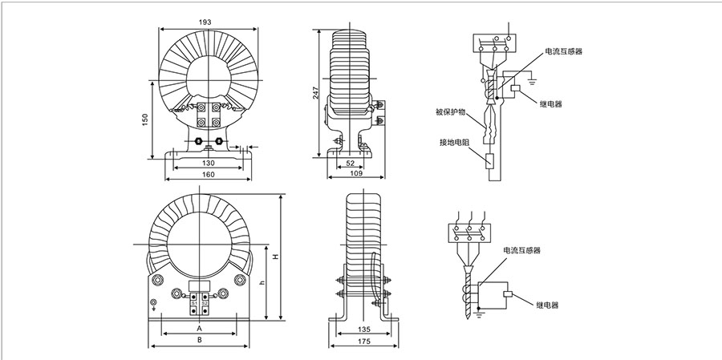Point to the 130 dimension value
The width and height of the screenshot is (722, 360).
point(208,163)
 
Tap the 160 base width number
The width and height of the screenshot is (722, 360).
point(208,174)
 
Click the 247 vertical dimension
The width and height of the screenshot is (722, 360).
point(315,92)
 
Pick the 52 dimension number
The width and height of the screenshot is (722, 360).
point(351,163)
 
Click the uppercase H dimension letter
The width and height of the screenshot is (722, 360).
point(274,257)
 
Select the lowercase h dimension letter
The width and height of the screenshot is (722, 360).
point(261,284)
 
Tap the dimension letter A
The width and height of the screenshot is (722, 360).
point(199,329)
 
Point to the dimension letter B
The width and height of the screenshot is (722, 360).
point(199,340)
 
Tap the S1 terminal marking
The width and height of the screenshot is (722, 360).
point(193,302)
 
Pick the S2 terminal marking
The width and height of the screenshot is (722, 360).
point(205,302)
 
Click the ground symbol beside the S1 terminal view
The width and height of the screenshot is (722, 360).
point(154,303)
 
